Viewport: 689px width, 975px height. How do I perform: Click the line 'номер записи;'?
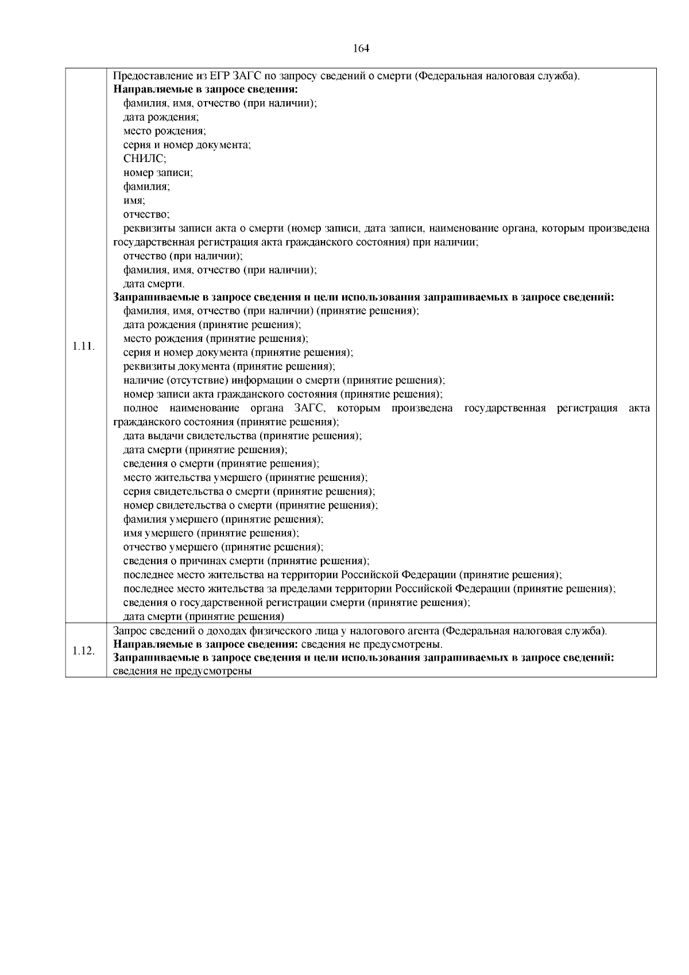(x=158, y=173)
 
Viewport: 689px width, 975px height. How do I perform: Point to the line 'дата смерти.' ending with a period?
(x=154, y=284)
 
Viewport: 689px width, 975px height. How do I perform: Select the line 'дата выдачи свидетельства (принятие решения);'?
(x=242, y=436)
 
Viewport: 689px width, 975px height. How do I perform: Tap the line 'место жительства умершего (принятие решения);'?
(x=245, y=477)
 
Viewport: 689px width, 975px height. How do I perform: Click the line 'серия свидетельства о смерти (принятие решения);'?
(x=249, y=492)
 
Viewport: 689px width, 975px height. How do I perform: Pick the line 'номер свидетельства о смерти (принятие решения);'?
(x=250, y=506)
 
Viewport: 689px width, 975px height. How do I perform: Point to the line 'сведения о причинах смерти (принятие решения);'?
(x=246, y=561)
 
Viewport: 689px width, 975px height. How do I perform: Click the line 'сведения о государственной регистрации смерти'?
(x=297, y=603)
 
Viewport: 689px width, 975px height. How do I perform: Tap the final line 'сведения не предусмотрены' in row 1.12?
(x=183, y=671)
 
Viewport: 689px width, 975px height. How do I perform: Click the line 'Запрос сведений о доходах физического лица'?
(x=359, y=631)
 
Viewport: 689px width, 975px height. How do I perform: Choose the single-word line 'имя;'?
(x=134, y=201)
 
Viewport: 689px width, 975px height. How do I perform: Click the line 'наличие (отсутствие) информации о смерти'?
(x=284, y=380)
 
